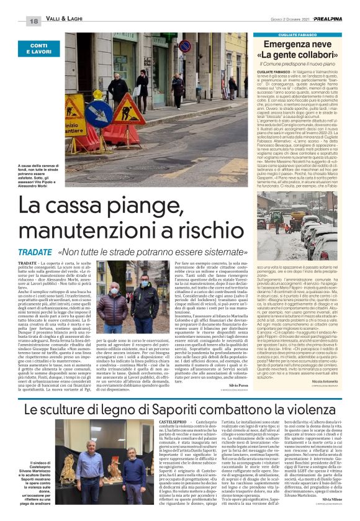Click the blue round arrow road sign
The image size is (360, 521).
click(x=99, y=114)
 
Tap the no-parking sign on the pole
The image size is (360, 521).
click(x=184, y=46)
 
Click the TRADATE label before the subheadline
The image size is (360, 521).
click(x=36, y=253)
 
